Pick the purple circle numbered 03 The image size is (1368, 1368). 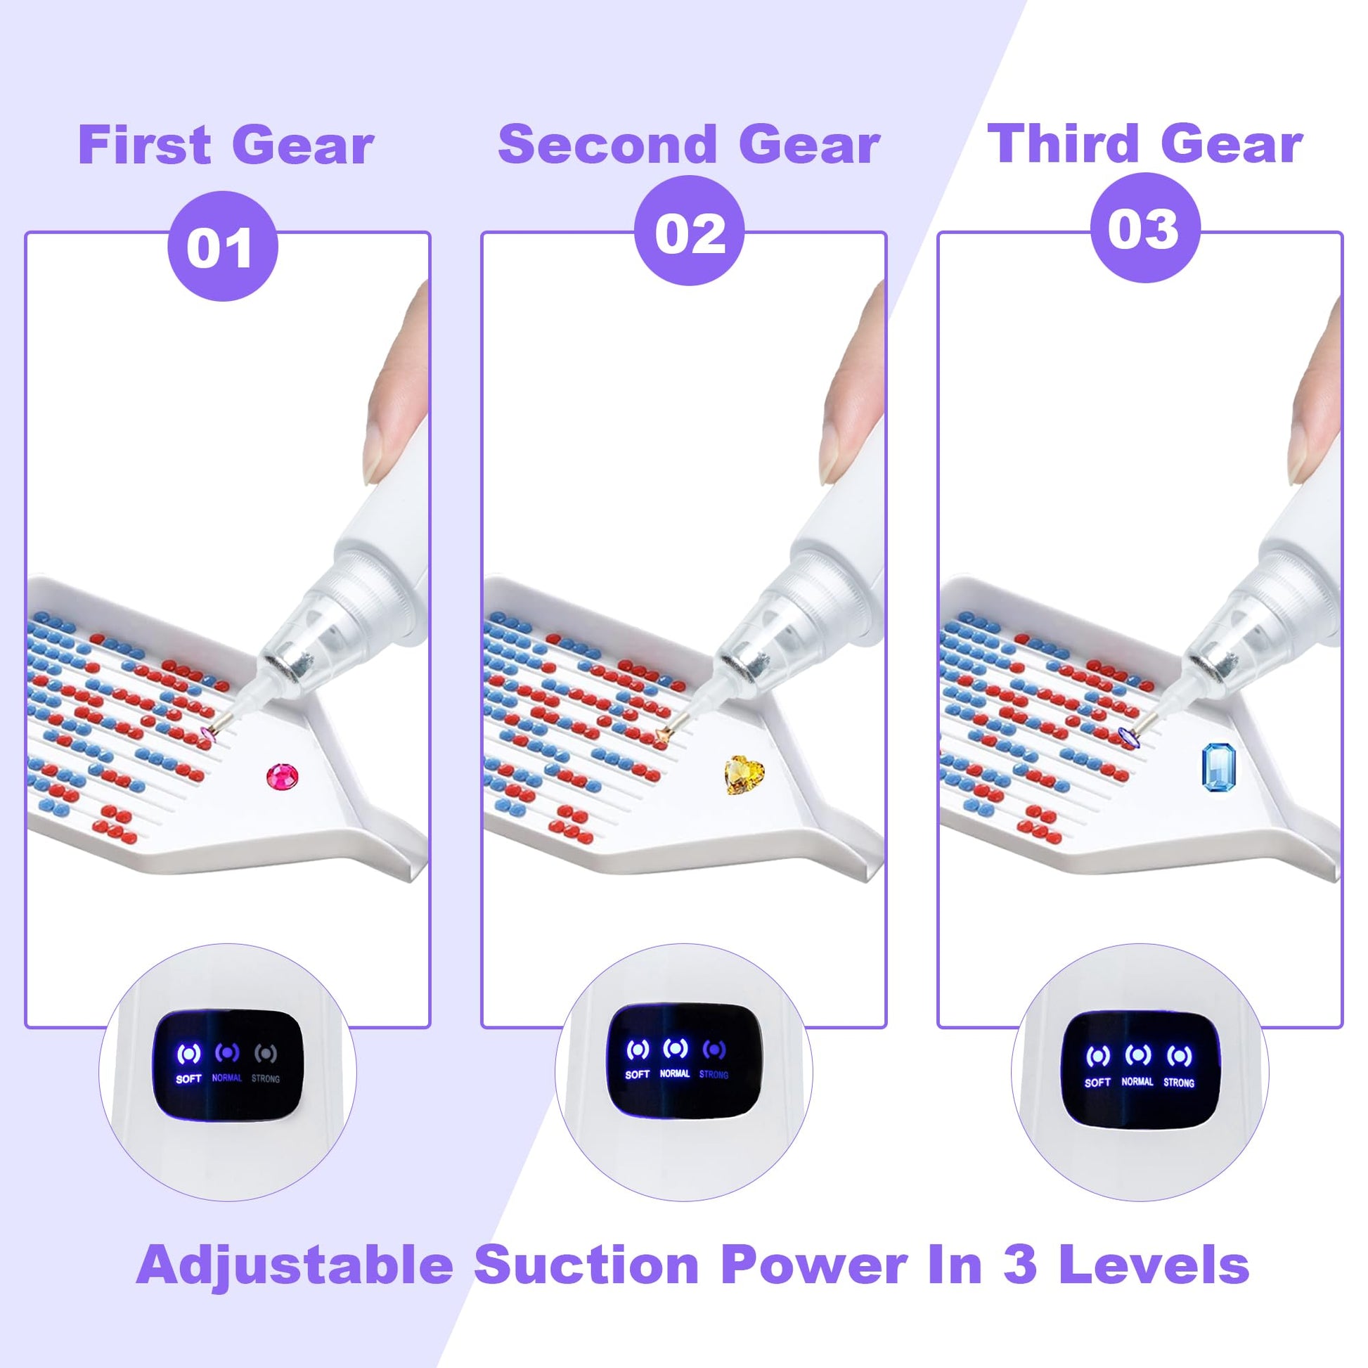pos(1145,228)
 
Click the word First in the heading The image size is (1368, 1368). pos(144,145)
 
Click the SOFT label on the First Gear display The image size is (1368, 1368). pos(189,1079)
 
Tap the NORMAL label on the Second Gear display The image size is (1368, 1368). pos(675,1073)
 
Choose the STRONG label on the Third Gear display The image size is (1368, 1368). pos(1179,1083)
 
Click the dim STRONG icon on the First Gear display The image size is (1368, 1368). pos(265,1054)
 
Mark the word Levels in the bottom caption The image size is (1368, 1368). pos(1154,1264)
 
